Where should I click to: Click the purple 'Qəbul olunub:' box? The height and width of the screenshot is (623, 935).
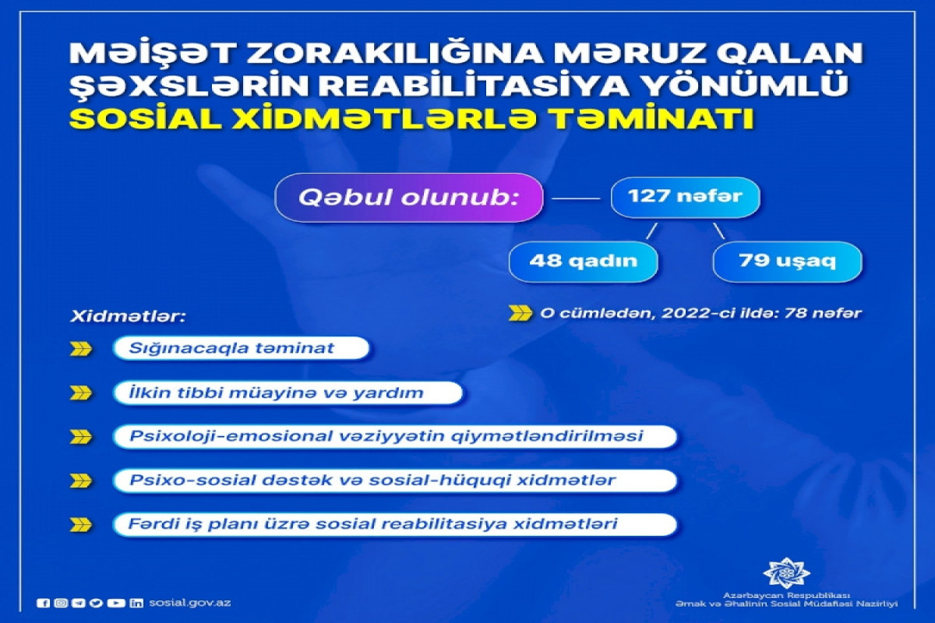pyautogui.click(x=409, y=198)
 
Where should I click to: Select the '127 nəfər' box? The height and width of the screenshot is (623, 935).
pyautogui.click(x=686, y=197)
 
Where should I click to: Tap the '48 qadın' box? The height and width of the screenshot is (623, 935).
pyautogui.click(x=584, y=262)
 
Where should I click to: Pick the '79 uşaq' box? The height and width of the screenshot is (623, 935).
pyautogui.click(x=787, y=262)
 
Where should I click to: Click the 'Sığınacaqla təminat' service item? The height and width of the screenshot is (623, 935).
pyautogui.click(x=241, y=348)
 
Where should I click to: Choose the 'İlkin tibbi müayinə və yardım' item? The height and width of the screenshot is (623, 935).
pyautogui.click(x=288, y=392)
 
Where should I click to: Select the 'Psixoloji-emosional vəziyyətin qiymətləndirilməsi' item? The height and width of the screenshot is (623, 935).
pyautogui.click(x=394, y=437)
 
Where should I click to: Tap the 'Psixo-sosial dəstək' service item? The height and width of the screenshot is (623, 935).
pyautogui.click(x=394, y=480)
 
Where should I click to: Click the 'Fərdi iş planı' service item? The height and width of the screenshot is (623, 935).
pyautogui.click(x=394, y=525)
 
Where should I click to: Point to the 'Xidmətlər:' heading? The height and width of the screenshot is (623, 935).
pyautogui.click(x=127, y=316)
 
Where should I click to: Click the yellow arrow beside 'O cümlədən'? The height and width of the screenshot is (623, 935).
pyautogui.click(x=520, y=314)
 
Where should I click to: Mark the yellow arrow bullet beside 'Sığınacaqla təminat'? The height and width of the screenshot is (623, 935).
pyautogui.click(x=81, y=349)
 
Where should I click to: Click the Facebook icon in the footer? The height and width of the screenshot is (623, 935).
pyautogui.click(x=43, y=603)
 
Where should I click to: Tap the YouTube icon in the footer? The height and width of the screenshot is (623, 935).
pyautogui.click(x=115, y=603)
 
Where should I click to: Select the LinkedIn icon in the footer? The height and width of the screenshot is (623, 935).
pyautogui.click(x=136, y=603)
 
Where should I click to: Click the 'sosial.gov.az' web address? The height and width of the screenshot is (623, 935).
pyautogui.click(x=190, y=603)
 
